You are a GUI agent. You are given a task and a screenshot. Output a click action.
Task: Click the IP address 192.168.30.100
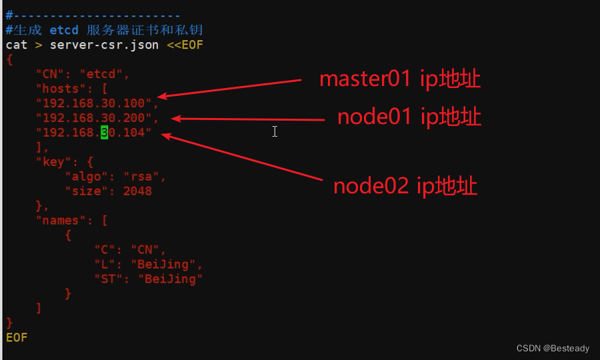coord(97,103)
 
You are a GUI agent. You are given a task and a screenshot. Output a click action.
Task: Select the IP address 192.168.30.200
coord(97,118)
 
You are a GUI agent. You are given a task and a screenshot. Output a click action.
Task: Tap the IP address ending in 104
coord(93,133)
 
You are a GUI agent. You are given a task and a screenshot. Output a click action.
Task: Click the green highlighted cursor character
coord(104,133)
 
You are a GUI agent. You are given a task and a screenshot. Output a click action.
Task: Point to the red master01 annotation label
coord(400,79)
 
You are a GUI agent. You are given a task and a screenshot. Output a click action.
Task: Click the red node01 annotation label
coord(409,117)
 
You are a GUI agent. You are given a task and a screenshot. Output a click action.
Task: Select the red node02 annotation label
coord(405,186)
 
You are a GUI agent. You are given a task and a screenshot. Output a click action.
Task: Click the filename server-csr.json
coord(104,45)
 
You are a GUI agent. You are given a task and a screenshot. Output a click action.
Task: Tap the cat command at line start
coord(16,45)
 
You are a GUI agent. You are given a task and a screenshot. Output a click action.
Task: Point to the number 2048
coord(137,191)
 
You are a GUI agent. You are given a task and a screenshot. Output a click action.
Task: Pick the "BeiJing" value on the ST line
coord(170,279)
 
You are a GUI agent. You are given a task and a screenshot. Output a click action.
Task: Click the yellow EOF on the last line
coord(16,337)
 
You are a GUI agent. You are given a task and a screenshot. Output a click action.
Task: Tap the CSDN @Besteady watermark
coord(553,348)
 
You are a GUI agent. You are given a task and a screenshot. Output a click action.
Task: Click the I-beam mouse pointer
coord(275,131)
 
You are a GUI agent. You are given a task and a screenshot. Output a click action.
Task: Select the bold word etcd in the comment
coord(64,30)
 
